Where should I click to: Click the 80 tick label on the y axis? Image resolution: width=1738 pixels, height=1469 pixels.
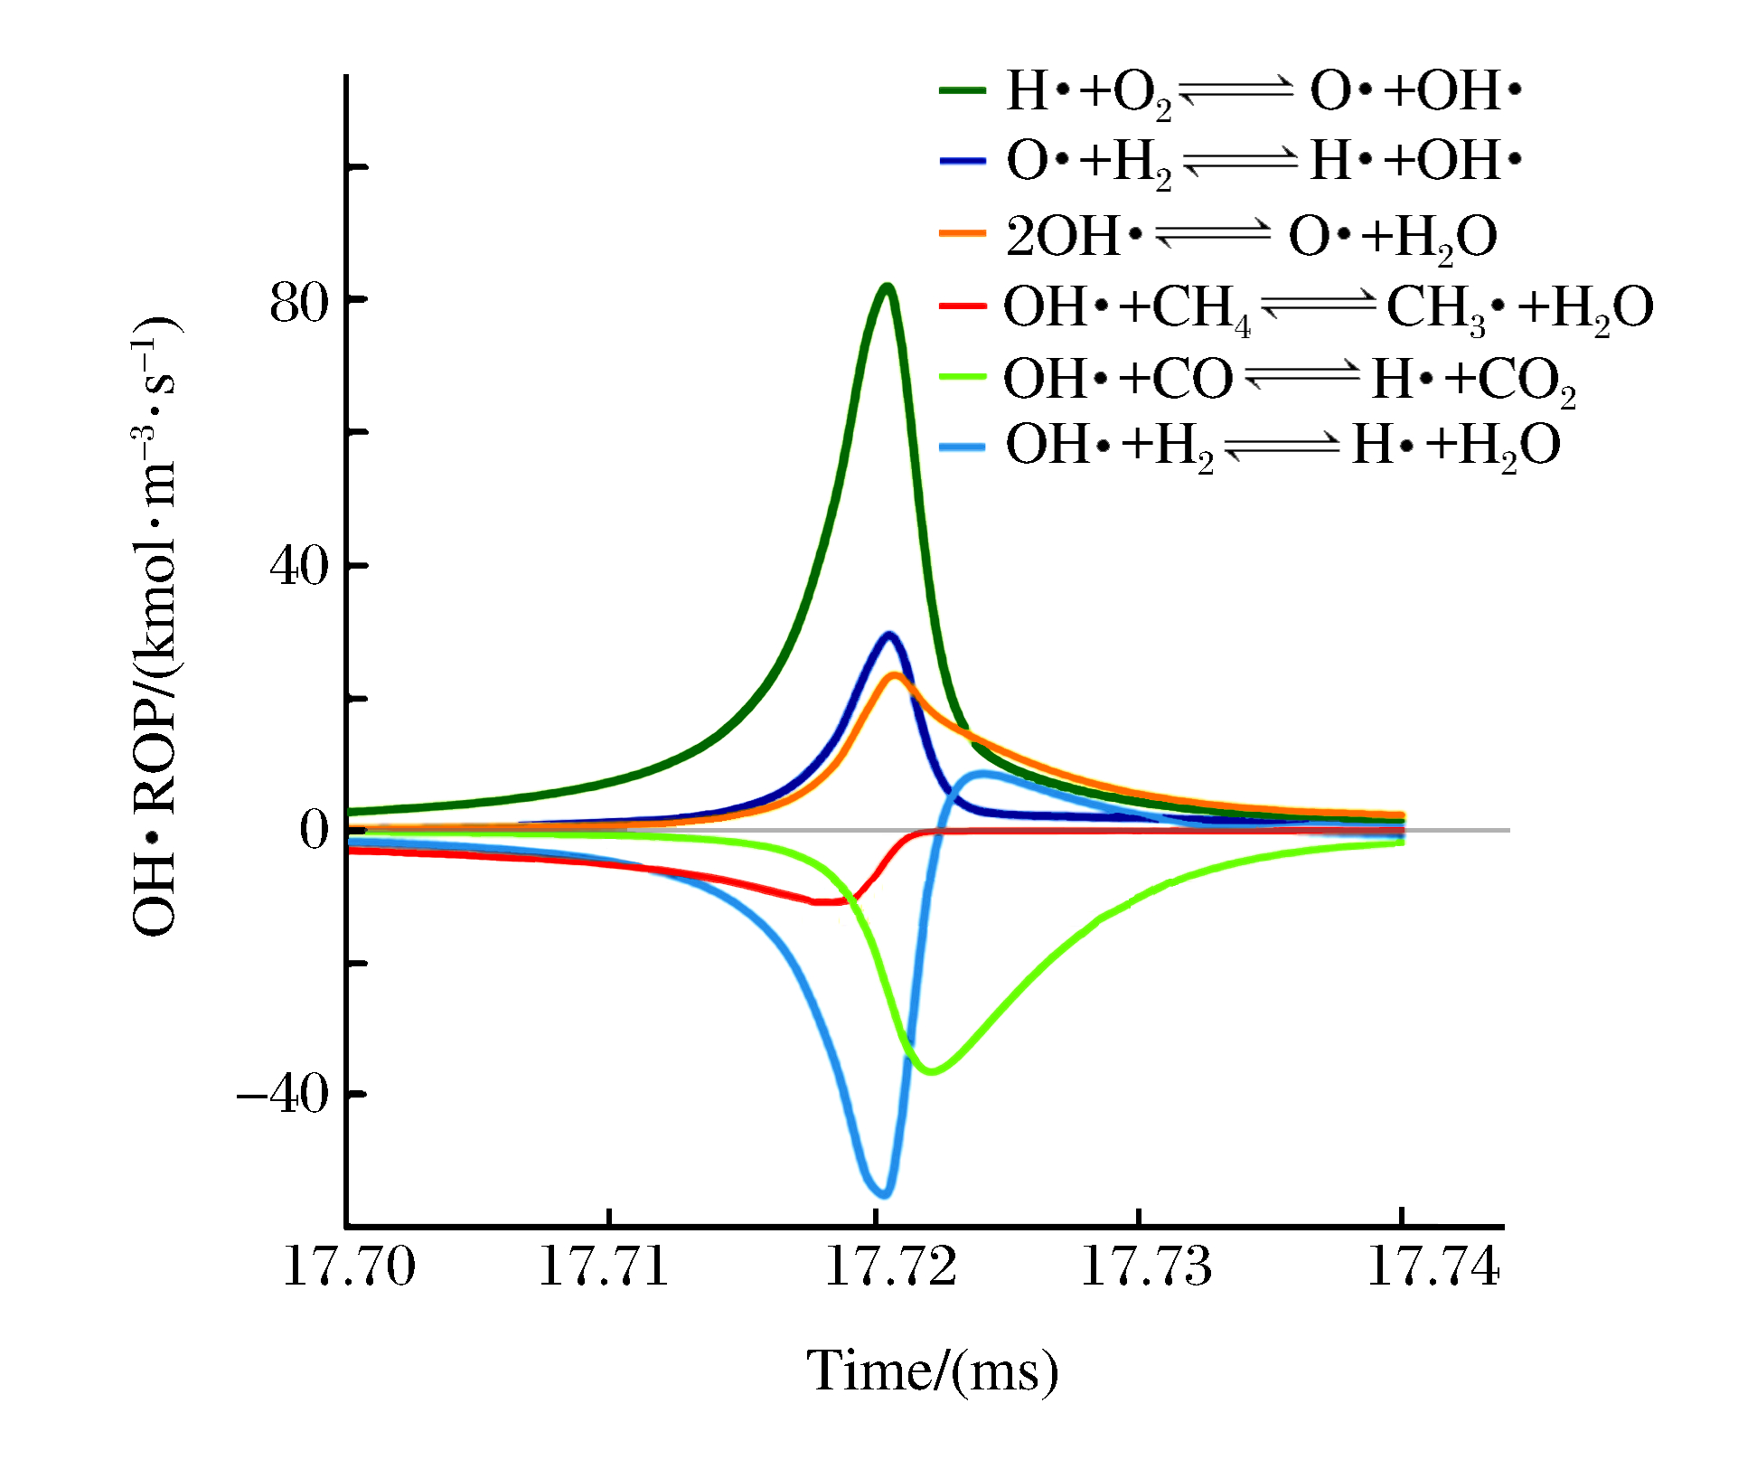pos(298,304)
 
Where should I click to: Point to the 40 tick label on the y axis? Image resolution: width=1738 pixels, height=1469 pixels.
pos(298,567)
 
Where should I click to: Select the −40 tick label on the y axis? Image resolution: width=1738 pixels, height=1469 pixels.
pos(282,1095)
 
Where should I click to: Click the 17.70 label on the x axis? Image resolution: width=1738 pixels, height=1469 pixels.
pos(349,1266)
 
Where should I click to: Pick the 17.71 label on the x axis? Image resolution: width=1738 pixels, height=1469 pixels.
pos(603,1266)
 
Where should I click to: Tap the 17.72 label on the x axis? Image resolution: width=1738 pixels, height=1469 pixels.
pos(890,1266)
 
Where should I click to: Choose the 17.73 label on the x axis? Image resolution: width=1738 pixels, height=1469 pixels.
pos(1146,1266)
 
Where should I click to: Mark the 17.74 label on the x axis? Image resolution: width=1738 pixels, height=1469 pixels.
pos(1433,1266)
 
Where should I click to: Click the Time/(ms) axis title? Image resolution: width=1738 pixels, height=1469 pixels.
pos(932,1372)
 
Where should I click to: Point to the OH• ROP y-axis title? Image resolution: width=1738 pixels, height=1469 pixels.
pos(155,626)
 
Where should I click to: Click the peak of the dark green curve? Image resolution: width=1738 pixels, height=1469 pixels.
pos(888,288)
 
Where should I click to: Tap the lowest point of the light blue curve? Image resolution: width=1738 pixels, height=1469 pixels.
pos(885,1194)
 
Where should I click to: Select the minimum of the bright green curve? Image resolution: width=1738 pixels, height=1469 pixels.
pos(932,1071)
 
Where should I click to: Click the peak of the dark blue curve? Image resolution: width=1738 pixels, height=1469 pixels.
pos(889,635)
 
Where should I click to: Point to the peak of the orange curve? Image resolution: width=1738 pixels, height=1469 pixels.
pos(894,676)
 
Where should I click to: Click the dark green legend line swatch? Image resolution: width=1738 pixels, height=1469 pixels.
pos(962,90)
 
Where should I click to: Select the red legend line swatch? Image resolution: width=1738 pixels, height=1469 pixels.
pos(962,306)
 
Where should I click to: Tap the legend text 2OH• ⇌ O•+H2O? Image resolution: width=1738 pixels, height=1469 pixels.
pos(1252,236)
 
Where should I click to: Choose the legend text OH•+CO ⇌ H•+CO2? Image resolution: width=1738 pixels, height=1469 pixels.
pos(1290,379)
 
